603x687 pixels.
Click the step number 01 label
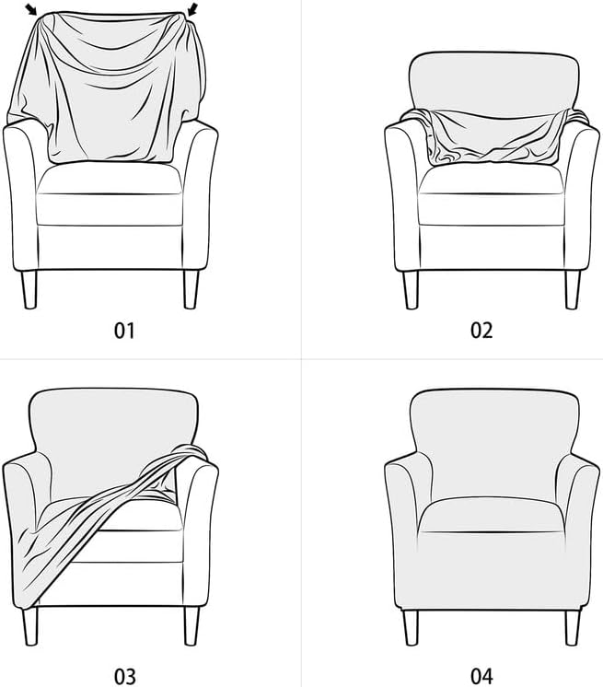pyautogui.click(x=124, y=330)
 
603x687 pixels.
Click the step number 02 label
pyautogui.click(x=481, y=330)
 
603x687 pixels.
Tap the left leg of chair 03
pyautogui.click(x=29, y=626)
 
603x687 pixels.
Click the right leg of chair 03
pyautogui.click(x=191, y=626)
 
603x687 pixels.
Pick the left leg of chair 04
pyautogui.click(x=411, y=626)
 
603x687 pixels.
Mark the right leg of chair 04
pyautogui.click(x=572, y=626)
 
